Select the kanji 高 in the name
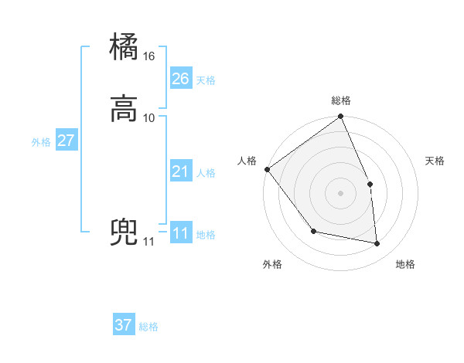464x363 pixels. click(x=125, y=107)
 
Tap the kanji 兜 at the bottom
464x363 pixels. click(x=125, y=232)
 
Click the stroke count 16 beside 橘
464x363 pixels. click(x=149, y=56)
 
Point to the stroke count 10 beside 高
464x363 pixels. click(x=149, y=117)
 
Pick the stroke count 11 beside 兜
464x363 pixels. click(x=148, y=242)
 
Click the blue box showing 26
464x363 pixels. click(x=180, y=78)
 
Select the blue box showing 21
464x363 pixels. click(x=180, y=171)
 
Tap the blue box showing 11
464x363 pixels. click(x=180, y=233)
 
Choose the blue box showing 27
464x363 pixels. click(x=66, y=141)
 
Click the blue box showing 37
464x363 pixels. click(x=124, y=325)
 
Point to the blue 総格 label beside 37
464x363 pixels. click(x=148, y=327)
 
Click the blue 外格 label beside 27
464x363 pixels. click(x=41, y=142)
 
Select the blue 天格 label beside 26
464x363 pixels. click(x=206, y=80)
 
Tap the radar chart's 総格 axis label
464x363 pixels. click(x=341, y=100)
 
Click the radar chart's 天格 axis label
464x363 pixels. click(x=435, y=161)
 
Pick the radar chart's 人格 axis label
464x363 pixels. click(x=247, y=161)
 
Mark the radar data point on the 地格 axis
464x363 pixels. click(x=377, y=244)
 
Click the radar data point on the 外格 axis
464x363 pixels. click(x=313, y=231)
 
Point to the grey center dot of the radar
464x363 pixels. click(x=341, y=193)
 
